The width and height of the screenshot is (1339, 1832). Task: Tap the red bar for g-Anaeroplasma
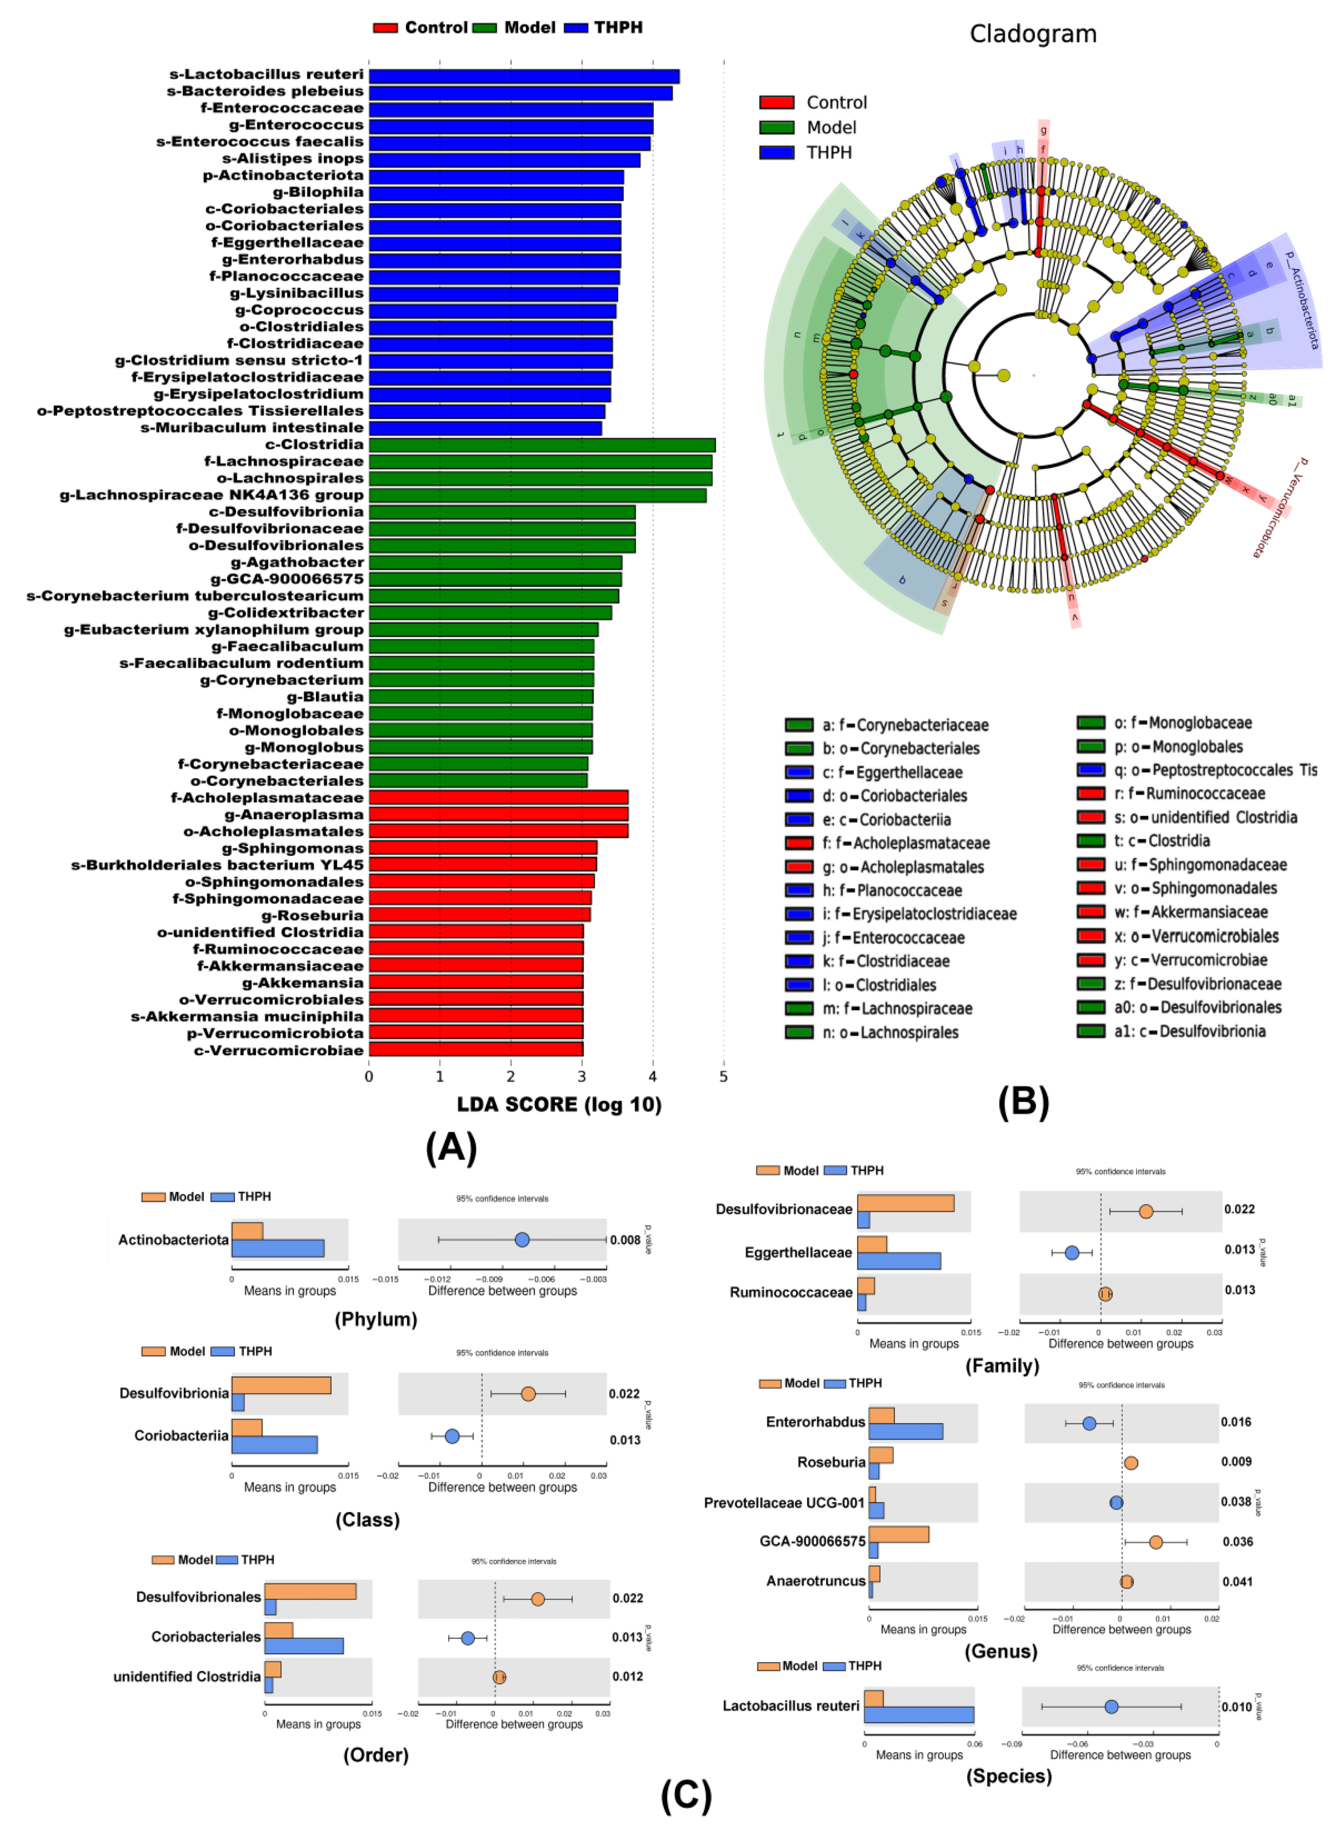tap(498, 814)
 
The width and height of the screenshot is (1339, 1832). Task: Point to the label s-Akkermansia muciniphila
tap(247, 1016)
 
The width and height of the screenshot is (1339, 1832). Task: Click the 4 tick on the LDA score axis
tap(652, 1077)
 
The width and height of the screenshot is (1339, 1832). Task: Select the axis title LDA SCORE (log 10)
tap(559, 1104)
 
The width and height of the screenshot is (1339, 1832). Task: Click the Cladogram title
tap(1033, 34)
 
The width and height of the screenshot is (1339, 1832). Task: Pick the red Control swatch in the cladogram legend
tap(776, 102)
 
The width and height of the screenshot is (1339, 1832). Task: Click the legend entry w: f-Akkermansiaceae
tap(1190, 913)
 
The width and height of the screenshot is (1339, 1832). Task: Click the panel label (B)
tap(1023, 1102)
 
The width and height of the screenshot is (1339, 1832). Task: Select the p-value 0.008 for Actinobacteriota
tap(625, 1240)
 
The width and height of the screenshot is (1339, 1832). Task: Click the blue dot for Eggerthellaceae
tap(1072, 1253)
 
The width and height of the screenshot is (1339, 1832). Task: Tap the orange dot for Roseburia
tap(1131, 1462)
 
